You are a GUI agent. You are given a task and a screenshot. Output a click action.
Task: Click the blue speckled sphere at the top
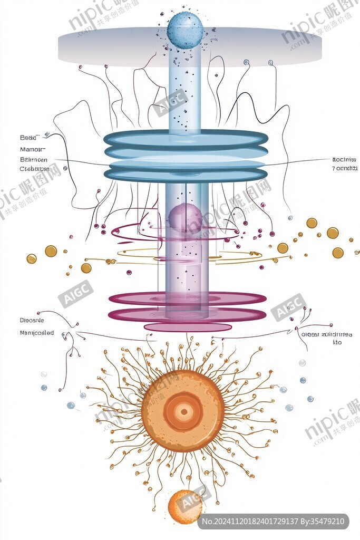coord(184,31)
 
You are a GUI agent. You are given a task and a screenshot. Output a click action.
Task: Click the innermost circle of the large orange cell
coord(183,411)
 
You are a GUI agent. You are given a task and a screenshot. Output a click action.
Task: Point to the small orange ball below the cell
coord(184,507)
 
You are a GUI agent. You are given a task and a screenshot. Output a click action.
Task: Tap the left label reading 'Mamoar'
coord(30,149)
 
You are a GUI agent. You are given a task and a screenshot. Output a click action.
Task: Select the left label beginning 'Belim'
coord(33,159)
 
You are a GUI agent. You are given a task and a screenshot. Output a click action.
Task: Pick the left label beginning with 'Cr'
coord(33,169)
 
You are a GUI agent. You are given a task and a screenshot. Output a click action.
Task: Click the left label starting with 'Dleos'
coord(32,320)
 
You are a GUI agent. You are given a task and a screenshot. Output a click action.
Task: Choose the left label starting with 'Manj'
coord(36,333)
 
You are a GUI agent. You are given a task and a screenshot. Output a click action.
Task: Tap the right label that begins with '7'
coord(345,169)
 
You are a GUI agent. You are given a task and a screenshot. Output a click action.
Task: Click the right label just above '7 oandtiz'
coord(345,159)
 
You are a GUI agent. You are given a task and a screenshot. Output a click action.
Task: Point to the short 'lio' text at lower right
coord(337,343)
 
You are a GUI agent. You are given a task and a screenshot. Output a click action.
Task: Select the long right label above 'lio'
coord(327,334)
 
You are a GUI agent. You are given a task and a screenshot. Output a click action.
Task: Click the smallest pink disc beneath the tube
coord(188,327)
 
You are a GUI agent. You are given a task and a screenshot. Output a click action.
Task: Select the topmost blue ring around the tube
coord(186,138)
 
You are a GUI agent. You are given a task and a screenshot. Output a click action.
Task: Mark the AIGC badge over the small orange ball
coord(193,498)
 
